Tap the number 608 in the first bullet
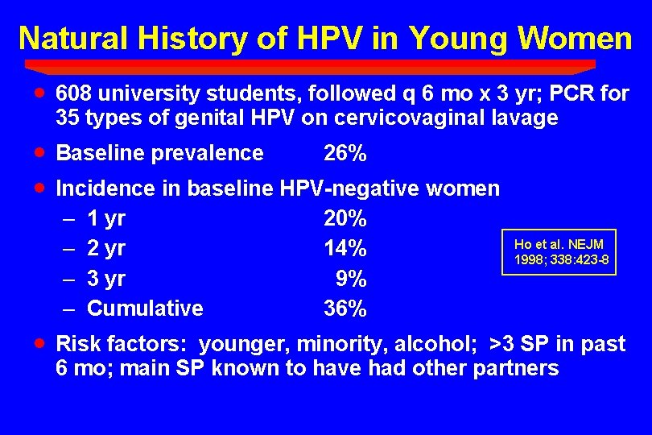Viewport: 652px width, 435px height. coord(75,94)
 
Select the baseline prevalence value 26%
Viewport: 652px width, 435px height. coord(345,153)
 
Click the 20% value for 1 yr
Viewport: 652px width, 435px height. coord(345,218)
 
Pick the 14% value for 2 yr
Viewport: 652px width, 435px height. coord(345,248)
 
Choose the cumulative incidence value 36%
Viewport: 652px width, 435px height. coord(345,309)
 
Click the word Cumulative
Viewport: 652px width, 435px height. coord(145,309)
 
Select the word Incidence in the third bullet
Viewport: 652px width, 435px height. coord(104,188)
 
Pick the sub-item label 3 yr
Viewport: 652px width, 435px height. coord(105,279)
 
